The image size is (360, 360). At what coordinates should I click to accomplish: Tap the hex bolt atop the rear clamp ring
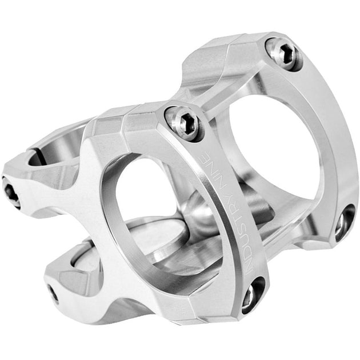pos(283,53)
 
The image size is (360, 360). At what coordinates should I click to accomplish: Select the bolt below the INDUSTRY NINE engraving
pos(252,294)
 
